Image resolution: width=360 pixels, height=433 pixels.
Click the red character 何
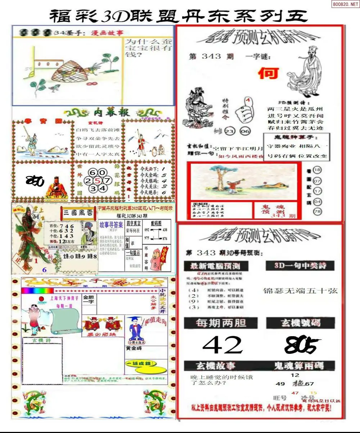(269, 73)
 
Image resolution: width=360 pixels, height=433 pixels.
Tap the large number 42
(222, 345)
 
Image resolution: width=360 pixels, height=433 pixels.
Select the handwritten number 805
(301, 346)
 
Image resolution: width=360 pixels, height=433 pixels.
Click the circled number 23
(229, 131)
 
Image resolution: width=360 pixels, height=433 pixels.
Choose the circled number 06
(245, 131)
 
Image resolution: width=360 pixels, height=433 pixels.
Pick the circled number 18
(317, 170)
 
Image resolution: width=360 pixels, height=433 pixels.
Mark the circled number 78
(317, 212)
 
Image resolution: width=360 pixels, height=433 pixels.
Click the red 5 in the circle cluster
(97, 180)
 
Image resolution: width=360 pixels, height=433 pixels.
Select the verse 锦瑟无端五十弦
(300, 291)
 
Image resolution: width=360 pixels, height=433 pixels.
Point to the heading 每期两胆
(221, 323)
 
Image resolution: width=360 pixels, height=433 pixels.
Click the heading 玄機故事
(215, 366)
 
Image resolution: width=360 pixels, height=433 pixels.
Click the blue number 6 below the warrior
(44, 270)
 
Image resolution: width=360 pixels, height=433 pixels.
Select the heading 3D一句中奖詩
(300, 266)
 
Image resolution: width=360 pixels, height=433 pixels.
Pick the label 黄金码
(134, 348)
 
